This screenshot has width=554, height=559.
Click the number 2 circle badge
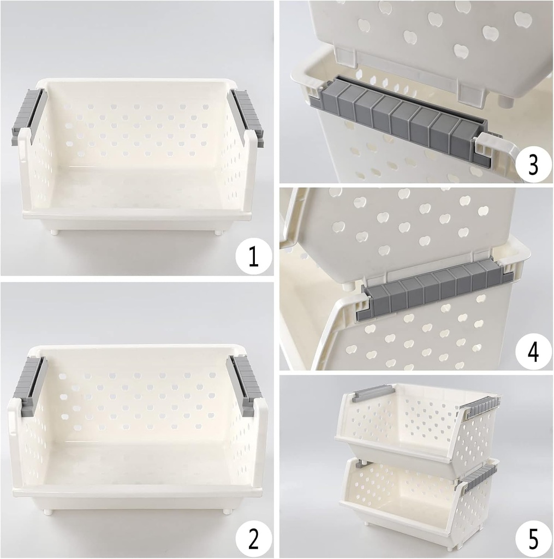pos(253,538)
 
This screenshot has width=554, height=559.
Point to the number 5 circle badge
pos(532,538)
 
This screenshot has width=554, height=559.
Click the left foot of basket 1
pos(55,232)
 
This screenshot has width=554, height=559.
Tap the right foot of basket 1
pos(218,233)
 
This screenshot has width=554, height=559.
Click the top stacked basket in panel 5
pos(415,426)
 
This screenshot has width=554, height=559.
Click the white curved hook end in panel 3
pos(499,153)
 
